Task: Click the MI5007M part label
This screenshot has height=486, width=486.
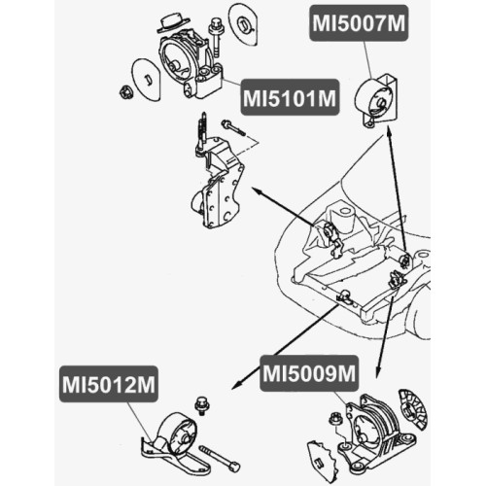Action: pos(359,22)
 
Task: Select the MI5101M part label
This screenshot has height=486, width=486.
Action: pos(290,97)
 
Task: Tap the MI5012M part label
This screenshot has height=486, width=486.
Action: pos(109,384)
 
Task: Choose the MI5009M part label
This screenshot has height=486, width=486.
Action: pos(309,373)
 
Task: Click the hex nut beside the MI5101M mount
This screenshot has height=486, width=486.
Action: pos(124,92)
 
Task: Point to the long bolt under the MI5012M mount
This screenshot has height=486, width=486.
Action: pos(220,459)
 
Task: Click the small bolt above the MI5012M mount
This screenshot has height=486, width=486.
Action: pos(201,406)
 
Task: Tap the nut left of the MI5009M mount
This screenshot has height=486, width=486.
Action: pos(333,419)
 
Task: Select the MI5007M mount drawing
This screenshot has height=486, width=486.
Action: pos(376,100)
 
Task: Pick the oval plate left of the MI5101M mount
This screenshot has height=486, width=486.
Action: pos(146,80)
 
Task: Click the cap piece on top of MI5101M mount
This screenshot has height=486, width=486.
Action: pos(172,23)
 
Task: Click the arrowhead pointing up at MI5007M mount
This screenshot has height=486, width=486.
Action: pos(389,130)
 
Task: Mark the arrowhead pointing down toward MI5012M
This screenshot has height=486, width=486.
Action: pos(236,384)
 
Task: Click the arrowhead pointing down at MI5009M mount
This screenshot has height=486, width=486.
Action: pos(377,373)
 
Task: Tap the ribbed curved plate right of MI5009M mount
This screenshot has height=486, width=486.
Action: pos(413,409)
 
